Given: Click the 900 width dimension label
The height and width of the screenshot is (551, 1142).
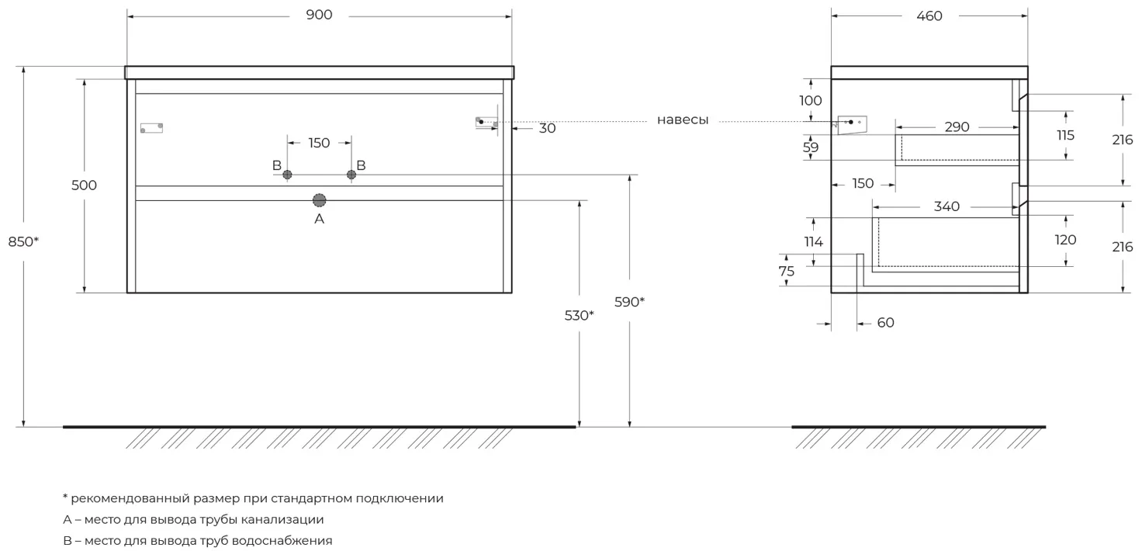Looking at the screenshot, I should tap(319, 16).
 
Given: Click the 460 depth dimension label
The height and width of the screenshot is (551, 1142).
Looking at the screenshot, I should tap(929, 16).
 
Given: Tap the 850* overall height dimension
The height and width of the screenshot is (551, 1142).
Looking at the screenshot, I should tap(23, 241).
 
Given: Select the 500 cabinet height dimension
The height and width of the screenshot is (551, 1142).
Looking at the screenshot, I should tap(84, 185).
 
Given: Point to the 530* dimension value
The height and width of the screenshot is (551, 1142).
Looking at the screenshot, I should tap(580, 315).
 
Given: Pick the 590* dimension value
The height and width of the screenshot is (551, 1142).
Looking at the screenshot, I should tap(629, 302).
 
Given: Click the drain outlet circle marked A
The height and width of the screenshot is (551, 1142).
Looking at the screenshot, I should tap(319, 200).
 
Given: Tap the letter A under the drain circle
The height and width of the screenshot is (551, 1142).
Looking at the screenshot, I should tap(319, 220).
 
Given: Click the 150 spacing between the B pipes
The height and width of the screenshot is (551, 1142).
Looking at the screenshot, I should tap(319, 143).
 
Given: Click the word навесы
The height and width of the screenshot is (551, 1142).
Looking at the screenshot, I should tap(683, 120).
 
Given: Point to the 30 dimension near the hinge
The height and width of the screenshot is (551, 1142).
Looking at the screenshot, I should tap(547, 129).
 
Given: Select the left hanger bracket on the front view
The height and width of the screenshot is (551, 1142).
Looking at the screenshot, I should tap(151, 128).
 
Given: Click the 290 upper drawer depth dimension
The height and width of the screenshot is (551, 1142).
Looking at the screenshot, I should tap(957, 127).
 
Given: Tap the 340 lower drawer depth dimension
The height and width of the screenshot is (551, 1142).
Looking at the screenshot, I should tap(946, 206).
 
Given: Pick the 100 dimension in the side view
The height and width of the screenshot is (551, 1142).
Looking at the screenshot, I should tap(810, 100).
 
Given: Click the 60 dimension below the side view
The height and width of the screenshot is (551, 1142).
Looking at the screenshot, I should tap(885, 323).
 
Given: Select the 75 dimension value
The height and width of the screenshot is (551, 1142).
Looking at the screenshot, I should tap(787, 271).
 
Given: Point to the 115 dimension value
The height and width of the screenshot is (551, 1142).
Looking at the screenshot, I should tap(1065, 135).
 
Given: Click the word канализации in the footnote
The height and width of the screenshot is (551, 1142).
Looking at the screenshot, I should tap(282, 519).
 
